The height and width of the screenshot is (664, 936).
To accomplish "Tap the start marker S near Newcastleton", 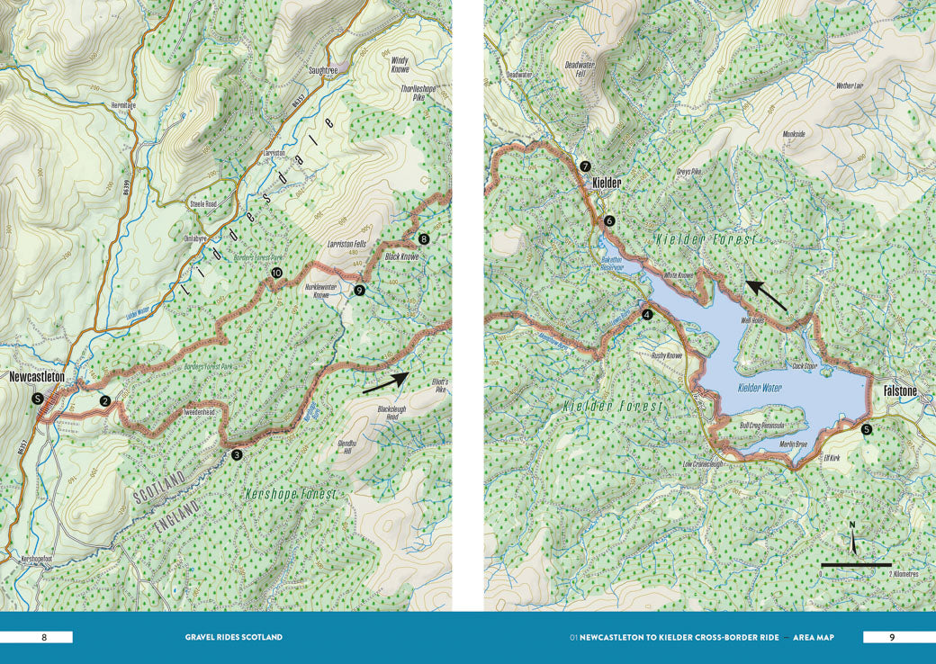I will pyautogui.click(x=37, y=398).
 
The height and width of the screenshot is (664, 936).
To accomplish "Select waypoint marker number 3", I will pyautogui.click(x=236, y=455).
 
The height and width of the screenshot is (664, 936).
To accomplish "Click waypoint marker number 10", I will pyautogui.click(x=276, y=272).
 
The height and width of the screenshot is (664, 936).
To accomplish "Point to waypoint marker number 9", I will pyautogui.click(x=359, y=290).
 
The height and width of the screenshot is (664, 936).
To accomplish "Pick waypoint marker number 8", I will pyautogui.click(x=424, y=239).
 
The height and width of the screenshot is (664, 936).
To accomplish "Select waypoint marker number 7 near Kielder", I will pyautogui.click(x=585, y=166).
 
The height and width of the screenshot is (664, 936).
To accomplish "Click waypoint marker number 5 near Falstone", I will pyautogui.click(x=866, y=430).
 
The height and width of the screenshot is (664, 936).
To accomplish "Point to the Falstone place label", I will pyautogui.click(x=900, y=392).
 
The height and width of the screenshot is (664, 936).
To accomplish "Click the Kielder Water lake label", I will pyautogui.click(x=760, y=388).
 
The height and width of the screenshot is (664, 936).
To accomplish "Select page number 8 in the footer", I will pyautogui.click(x=43, y=637).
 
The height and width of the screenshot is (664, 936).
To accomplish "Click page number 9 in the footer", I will pyautogui.click(x=891, y=637).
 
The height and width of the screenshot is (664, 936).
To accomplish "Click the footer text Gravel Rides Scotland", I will pyautogui.click(x=233, y=637).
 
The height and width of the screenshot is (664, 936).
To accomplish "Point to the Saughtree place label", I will pyautogui.click(x=322, y=69).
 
